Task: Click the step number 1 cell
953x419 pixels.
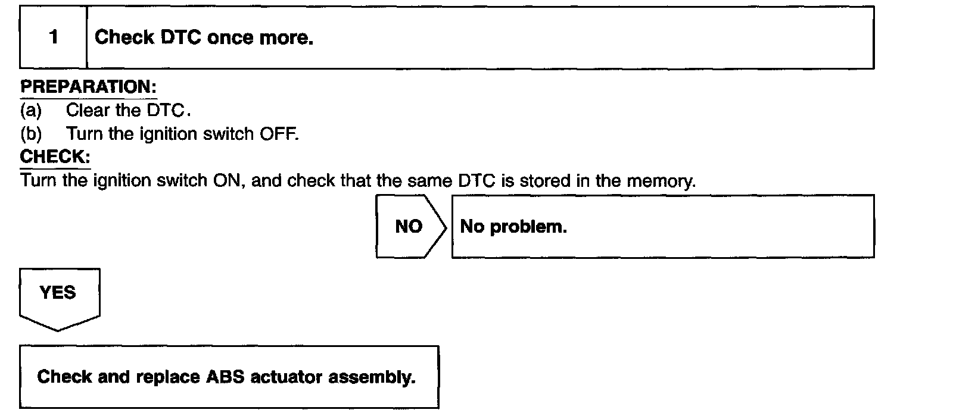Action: point(54,37)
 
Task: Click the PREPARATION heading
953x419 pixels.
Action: point(88,87)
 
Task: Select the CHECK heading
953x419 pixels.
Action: point(55,157)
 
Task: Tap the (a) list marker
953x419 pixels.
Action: point(31,110)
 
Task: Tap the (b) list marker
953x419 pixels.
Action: point(31,134)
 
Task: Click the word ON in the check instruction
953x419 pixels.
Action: point(226,180)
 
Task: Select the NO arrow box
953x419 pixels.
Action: point(410,226)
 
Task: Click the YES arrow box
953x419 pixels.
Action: point(58,295)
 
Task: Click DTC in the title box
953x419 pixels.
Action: point(181,37)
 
